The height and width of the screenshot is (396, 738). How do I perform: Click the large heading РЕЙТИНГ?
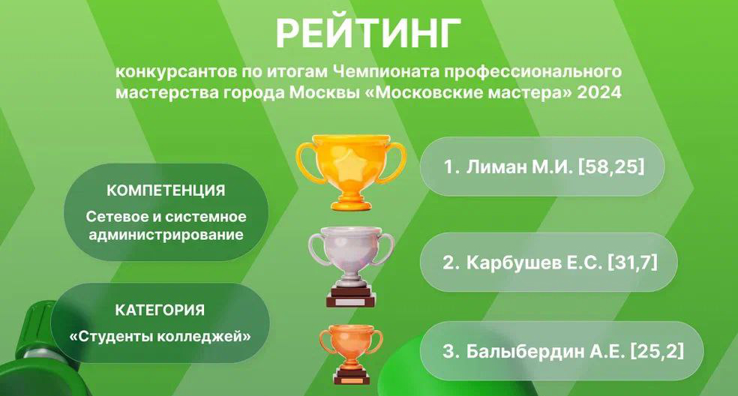pos(368,34)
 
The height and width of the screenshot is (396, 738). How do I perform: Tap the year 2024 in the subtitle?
pos(599,92)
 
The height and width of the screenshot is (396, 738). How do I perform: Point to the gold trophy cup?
pos(351,172)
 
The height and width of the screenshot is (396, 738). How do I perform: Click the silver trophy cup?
pos(351,266)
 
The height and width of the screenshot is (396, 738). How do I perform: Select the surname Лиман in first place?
pos(496,166)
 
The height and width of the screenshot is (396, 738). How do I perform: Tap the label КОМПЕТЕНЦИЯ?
pos(166,190)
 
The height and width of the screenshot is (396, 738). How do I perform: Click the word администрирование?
pos(166,235)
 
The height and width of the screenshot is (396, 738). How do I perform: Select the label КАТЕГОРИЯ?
pos(160,310)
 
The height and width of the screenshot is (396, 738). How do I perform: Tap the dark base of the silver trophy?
pos(351,298)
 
